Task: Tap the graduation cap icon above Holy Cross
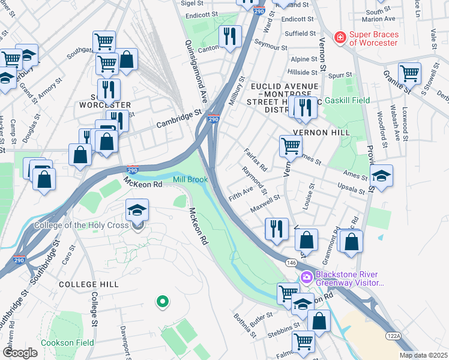coord(137,210)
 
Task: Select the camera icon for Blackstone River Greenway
coord(306,277)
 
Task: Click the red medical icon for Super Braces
coord(340,37)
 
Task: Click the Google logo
coord(20,353)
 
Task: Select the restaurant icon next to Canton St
coord(230,37)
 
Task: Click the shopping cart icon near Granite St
coord(409,73)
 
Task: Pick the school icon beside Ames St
coord(381,176)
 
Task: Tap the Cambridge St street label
coord(178,118)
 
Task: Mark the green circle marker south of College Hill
coord(161,301)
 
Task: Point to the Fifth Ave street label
coord(241,194)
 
